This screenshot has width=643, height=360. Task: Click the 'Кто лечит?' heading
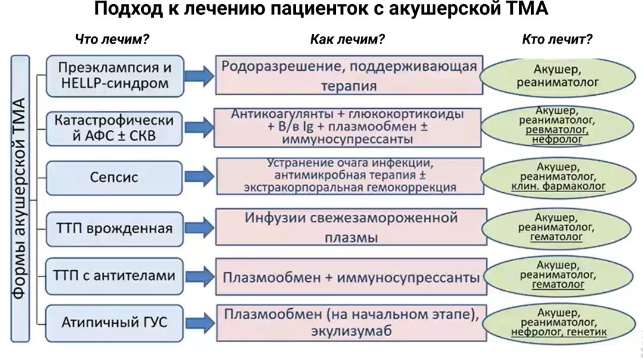point(557,40)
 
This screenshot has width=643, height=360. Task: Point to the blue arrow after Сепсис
point(199,176)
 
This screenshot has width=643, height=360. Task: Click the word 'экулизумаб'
point(351,331)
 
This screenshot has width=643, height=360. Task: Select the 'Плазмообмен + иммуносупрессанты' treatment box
point(351,277)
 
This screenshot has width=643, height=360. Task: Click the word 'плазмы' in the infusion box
point(351,237)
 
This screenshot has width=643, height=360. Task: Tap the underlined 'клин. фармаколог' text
point(558,186)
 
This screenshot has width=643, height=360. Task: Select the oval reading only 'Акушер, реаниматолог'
point(557,76)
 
